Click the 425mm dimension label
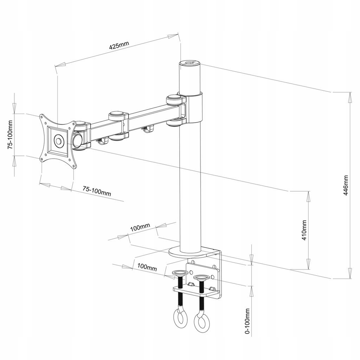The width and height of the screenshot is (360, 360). [119, 46]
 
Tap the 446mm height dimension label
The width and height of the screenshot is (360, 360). [346, 185]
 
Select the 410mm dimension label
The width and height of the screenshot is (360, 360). [304, 230]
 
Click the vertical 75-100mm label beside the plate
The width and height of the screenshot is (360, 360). [10, 135]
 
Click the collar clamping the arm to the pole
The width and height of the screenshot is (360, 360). [194, 108]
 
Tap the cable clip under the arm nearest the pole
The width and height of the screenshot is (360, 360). [147, 130]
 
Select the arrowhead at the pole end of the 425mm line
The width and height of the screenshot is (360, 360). [173, 36]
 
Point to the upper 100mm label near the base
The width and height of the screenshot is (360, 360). [140, 227]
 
